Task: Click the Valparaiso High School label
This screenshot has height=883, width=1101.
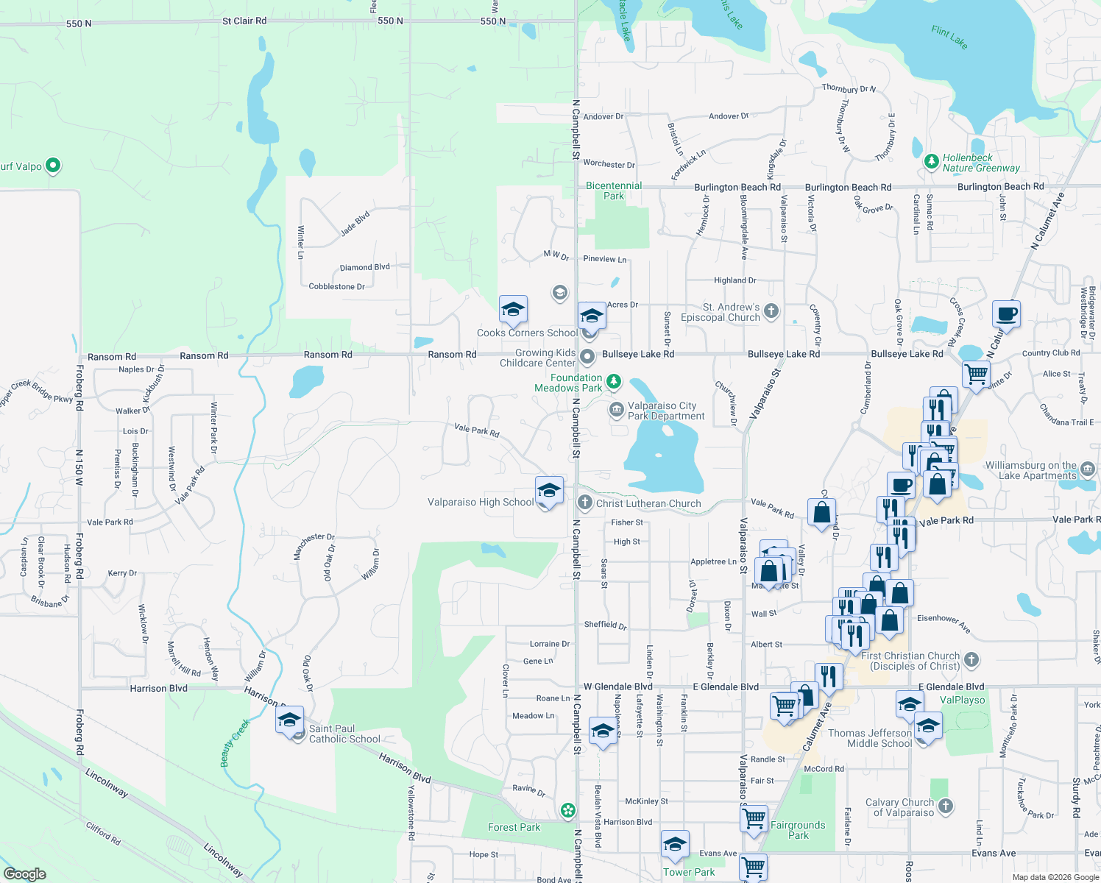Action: [x=481, y=503]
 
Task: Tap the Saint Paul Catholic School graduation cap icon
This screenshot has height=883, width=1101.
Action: [x=290, y=720]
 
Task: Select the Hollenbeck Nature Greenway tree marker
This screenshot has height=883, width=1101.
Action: [x=932, y=160]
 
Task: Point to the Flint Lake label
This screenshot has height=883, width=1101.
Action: [x=949, y=37]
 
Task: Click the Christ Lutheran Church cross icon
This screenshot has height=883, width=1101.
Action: [x=585, y=503]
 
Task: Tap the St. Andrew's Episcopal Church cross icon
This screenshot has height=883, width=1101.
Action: [x=771, y=311]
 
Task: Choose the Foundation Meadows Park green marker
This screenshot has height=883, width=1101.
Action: [x=614, y=381]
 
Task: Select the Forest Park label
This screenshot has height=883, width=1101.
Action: [x=514, y=827]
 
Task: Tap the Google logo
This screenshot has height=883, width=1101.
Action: [x=25, y=874]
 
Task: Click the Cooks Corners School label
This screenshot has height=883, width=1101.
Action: [x=527, y=333]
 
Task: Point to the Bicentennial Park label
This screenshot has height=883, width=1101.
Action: [x=614, y=191]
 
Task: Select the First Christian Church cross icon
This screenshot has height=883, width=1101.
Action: [x=971, y=659]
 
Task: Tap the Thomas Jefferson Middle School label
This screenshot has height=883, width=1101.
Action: [x=870, y=738]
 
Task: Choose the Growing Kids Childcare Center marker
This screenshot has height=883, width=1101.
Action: [x=587, y=358]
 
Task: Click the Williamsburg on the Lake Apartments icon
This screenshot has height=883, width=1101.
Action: [x=1088, y=469]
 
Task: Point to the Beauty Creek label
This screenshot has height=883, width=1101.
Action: [x=236, y=743]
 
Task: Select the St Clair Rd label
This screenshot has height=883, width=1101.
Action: [x=244, y=21]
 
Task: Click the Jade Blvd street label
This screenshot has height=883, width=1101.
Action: [x=355, y=224]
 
